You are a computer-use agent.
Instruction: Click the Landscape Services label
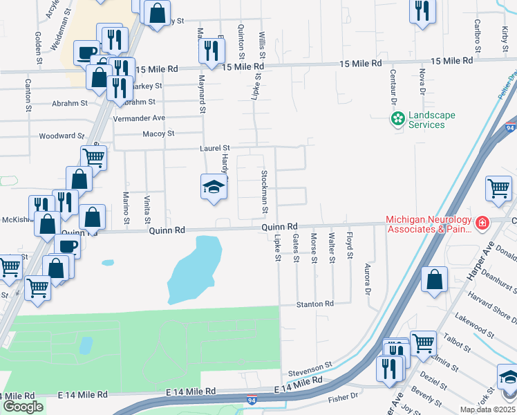426,120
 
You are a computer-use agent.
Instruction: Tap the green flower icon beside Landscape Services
397,120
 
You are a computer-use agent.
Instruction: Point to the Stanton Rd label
314,304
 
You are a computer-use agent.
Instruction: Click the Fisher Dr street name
344,397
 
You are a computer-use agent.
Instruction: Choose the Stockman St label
264,187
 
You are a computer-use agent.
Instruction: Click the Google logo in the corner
23,407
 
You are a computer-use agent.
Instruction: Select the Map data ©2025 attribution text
487,409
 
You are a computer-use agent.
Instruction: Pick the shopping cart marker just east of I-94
498,188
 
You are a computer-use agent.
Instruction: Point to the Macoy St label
158,133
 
